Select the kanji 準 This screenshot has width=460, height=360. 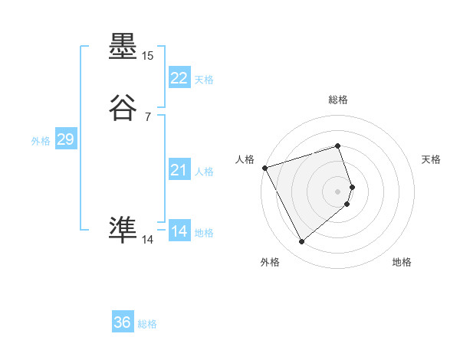[123, 229]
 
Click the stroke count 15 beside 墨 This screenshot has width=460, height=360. [147, 56]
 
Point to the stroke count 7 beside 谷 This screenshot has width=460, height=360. [147, 117]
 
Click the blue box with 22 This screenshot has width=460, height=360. [179, 78]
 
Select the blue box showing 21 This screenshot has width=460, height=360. [179, 170]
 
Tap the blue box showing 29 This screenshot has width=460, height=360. [65, 139]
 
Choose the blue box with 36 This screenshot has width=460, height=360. [123, 322]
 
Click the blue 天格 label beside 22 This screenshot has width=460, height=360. [204, 80]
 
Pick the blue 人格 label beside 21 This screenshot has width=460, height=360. [204, 172]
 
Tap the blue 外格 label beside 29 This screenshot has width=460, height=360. [41, 141]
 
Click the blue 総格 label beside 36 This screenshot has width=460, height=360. [147, 324]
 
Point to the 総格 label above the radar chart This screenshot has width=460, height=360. [337, 100]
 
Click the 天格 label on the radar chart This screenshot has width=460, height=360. [431, 159]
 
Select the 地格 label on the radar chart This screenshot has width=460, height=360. [402, 263]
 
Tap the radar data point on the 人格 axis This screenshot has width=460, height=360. [264, 167]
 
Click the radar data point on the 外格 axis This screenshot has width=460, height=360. [301, 242]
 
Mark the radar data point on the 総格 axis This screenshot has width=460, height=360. [337, 146]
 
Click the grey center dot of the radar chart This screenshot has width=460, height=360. [337, 191]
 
